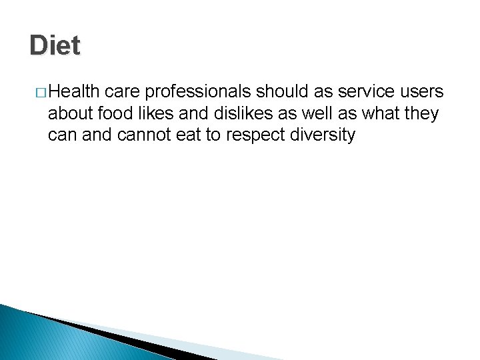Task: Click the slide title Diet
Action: point(55,45)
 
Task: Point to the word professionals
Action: point(198,91)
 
